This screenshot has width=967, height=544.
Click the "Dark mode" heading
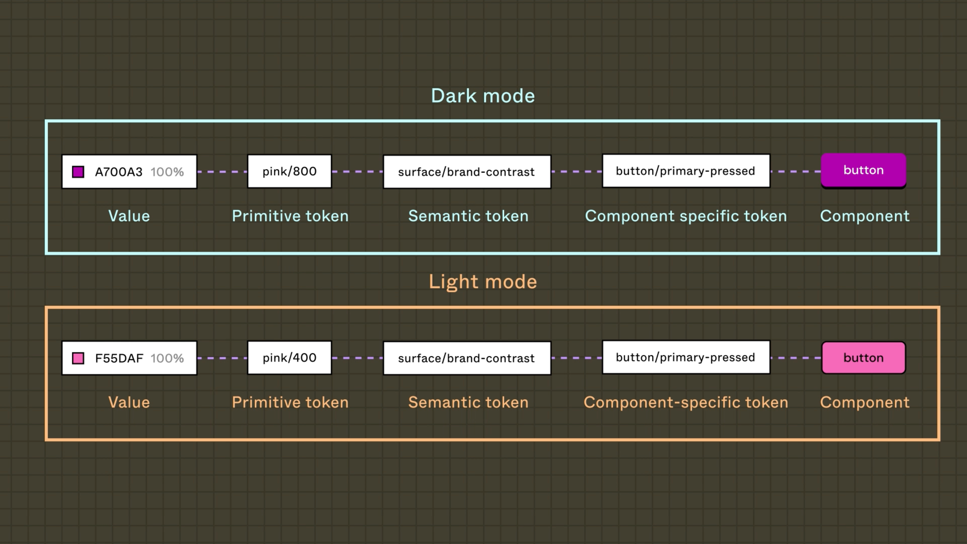click(x=483, y=96)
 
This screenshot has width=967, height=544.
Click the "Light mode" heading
click(x=483, y=282)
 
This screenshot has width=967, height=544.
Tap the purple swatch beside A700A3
click(x=78, y=172)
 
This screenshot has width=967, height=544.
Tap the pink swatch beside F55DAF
click(x=78, y=358)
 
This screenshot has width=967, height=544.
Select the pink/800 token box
click(x=289, y=172)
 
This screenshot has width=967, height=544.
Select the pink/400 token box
click(x=289, y=358)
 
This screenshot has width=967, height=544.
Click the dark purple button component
click(x=864, y=170)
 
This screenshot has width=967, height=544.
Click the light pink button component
click(x=864, y=358)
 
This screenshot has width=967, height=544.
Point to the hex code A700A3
click(x=119, y=172)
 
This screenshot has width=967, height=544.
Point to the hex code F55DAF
click(x=119, y=358)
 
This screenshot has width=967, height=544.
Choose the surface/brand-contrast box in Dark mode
click(x=467, y=172)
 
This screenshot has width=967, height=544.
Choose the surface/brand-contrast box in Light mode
click(x=467, y=358)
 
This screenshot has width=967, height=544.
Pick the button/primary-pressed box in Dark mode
click(x=686, y=171)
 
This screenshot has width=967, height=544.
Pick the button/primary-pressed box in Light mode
click(x=686, y=357)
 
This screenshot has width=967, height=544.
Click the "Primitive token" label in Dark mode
click(x=290, y=216)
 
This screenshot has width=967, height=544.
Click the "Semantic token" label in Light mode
click(x=468, y=402)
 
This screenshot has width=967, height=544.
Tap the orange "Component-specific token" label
click(x=686, y=402)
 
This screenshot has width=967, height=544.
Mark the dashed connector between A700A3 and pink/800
click(x=222, y=172)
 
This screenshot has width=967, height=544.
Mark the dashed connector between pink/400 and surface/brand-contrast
click(x=357, y=358)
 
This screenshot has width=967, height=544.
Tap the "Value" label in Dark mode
click(x=129, y=216)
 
